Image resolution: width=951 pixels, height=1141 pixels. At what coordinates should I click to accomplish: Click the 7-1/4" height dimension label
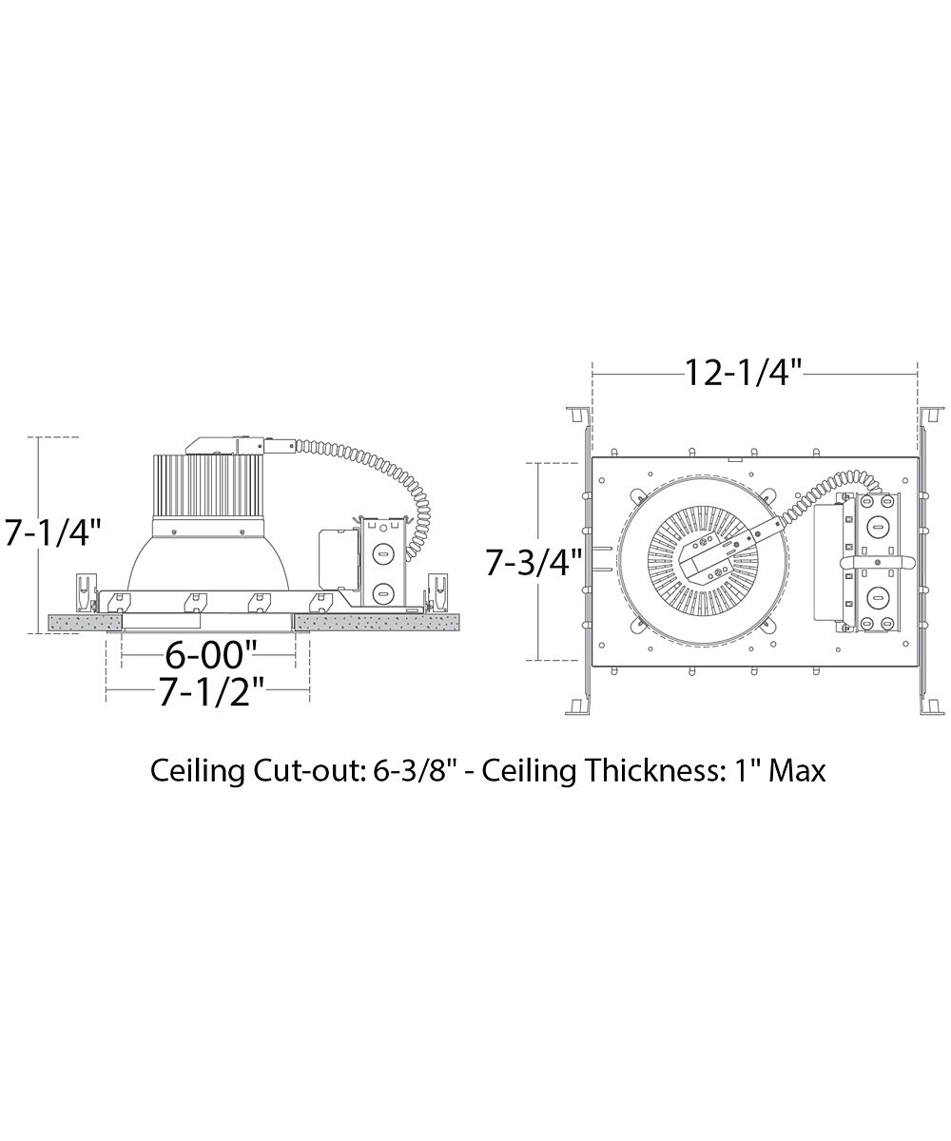[x=53, y=532]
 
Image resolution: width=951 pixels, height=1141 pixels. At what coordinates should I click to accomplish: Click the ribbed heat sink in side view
[x=207, y=485]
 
